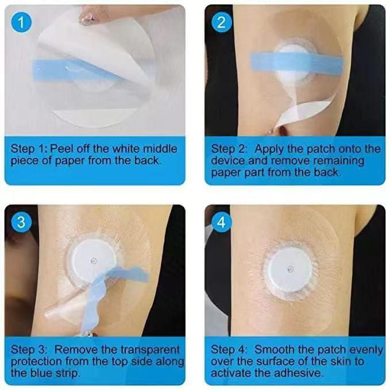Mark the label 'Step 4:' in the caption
point(229,349)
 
